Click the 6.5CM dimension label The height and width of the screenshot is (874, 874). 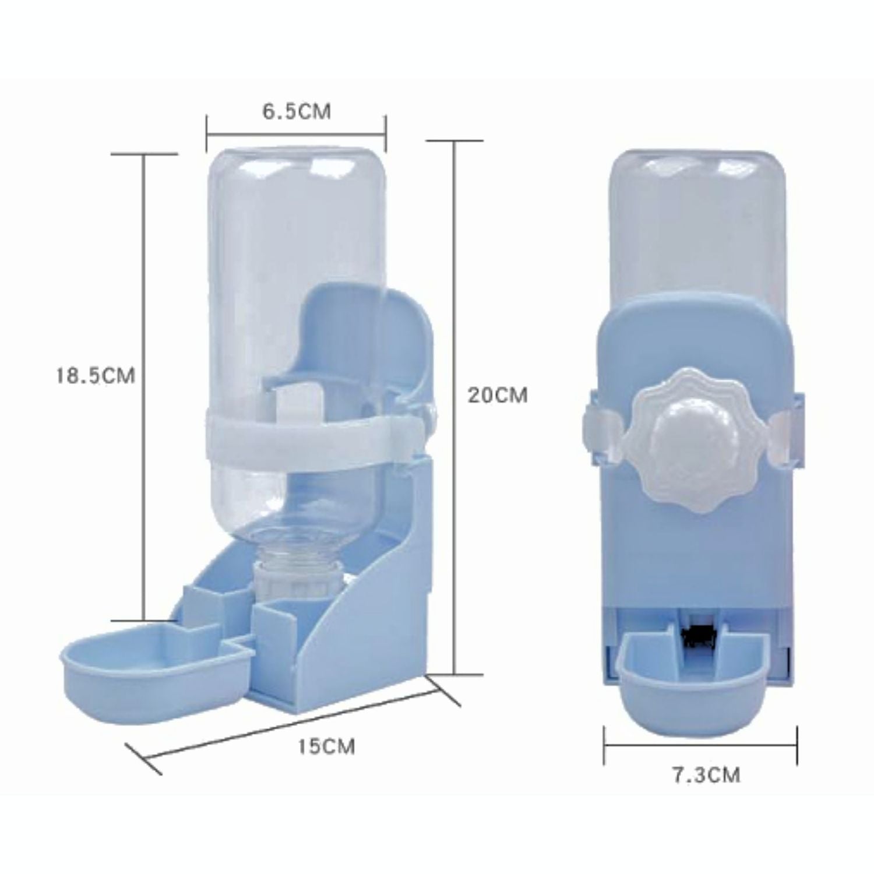pos(296,111)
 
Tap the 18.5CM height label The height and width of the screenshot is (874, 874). pos(95,375)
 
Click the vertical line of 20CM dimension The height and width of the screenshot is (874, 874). pos(455,408)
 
